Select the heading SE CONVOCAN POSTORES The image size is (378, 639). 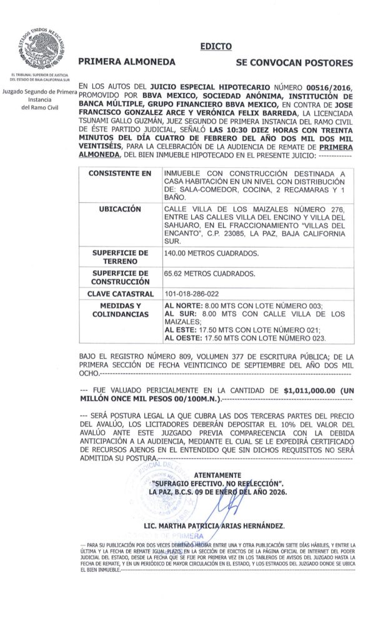point(294,63)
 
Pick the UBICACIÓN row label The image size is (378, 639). point(116,209)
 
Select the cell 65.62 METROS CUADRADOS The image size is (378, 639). point(201,274)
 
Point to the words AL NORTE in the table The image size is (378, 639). point(182,306)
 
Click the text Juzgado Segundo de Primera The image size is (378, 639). point(39,92)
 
